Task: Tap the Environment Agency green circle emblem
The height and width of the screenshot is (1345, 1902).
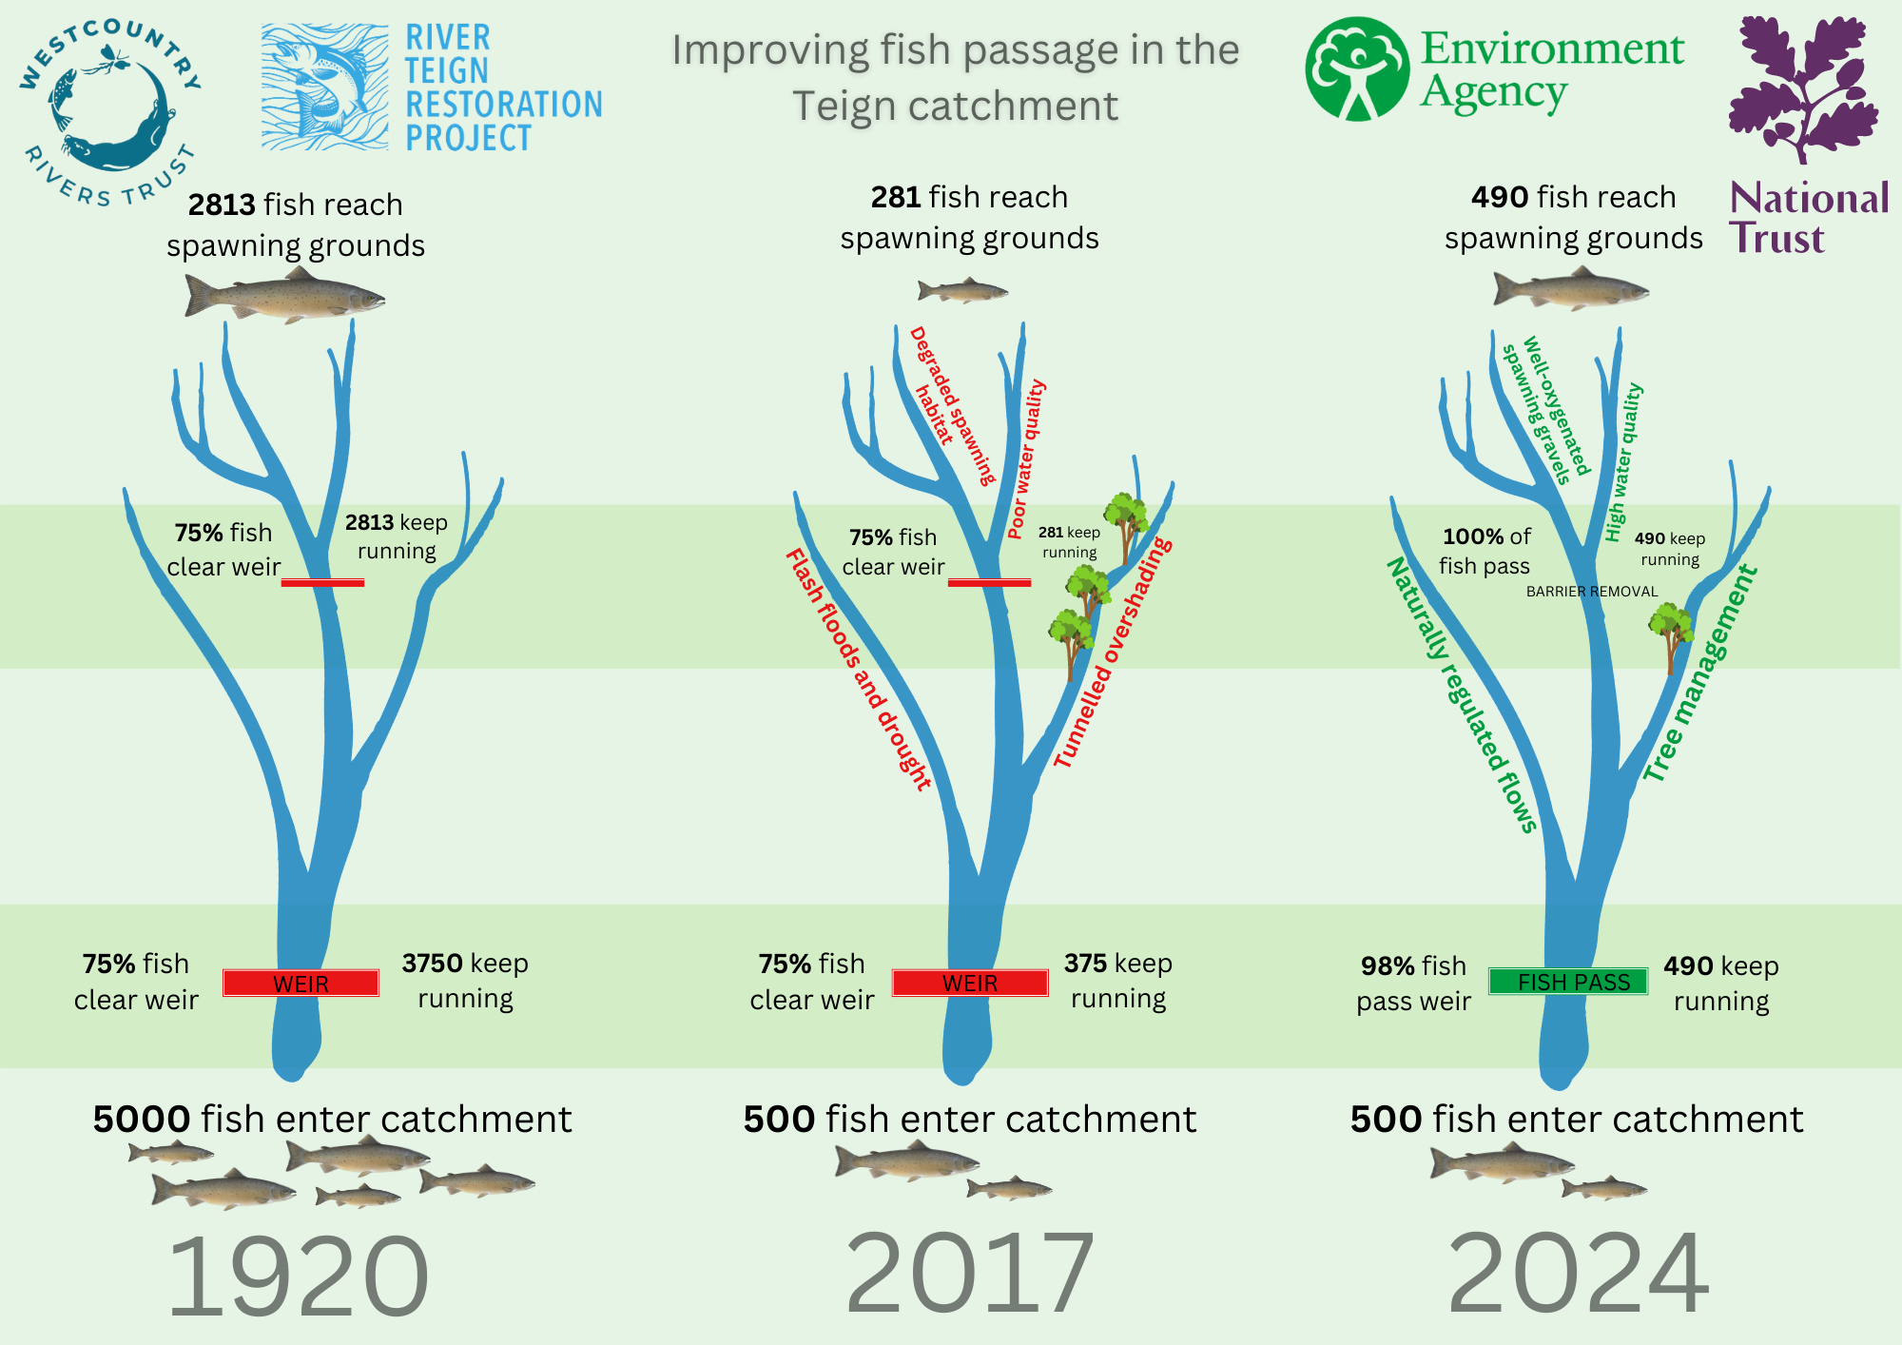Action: pyautogui.click(x=1357, y=68)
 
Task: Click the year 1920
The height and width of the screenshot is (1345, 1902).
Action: pyautogui.click(x=298, y=1275)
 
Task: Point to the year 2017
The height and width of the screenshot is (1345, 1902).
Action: pyautogui.click(x=970, y=1272)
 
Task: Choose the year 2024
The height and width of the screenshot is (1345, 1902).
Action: pyautogui.click(x=1579, y=1272)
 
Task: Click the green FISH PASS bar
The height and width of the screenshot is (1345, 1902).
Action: pyautogui.click(x=1568, y=982)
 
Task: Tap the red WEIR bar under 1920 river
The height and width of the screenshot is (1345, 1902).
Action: pyautogui.click(x=301, y=983)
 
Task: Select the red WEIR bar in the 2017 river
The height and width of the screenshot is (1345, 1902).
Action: pyautogui.click(x=970, y=983)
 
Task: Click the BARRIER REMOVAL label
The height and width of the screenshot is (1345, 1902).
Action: pyautogui.click(x=1592, y=592)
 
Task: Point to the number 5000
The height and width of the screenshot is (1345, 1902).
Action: pyautogui.click(x=141, y=1119)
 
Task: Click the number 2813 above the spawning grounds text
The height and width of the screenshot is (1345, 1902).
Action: pyautogui.click(x=222, y=205)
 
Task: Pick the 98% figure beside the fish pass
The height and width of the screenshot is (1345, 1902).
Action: pyautogui.click(x=1388, y=966)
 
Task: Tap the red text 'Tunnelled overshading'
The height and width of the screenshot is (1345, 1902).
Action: pyautogui.click(x=1113, y=653)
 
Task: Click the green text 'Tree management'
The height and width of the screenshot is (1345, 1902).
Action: pyautogui.click(x=1700, y=673)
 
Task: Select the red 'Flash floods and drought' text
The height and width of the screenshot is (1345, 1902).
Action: pyautogui.click(x=858, y=670)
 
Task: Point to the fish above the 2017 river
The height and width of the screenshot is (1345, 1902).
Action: pyautogui.click(x=962, y=289)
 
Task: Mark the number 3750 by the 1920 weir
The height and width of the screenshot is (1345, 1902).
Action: pyautogui.click(x=432, y=964)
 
